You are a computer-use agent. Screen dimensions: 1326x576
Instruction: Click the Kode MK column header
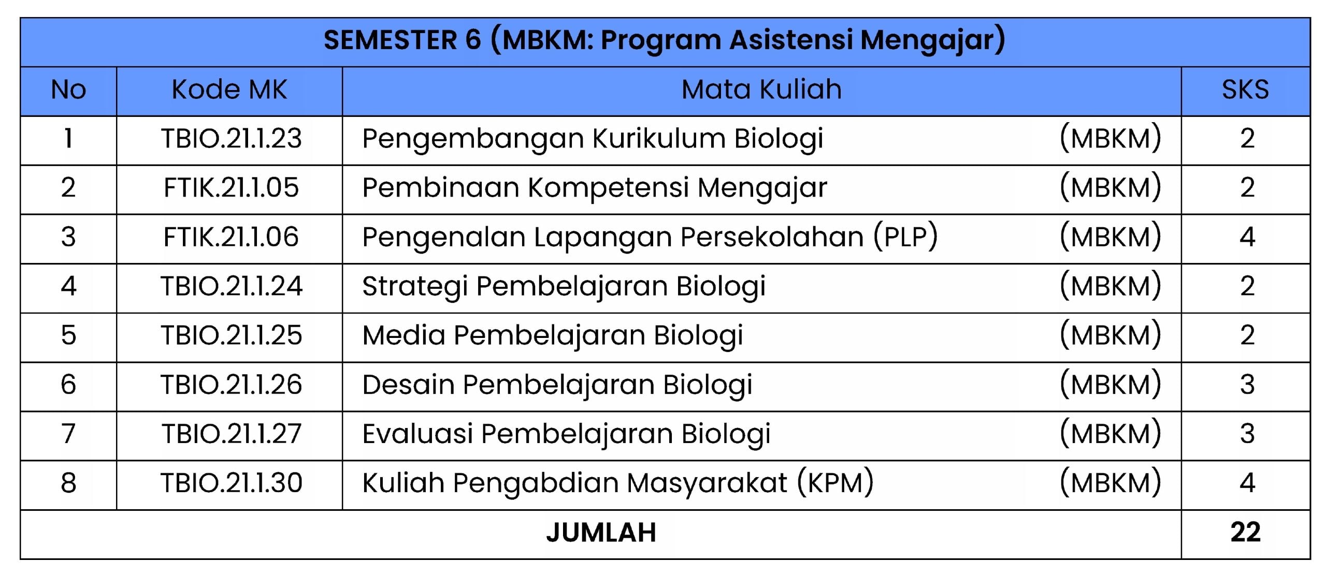tap(229, 90)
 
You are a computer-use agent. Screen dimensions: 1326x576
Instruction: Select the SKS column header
tap(1245, 90)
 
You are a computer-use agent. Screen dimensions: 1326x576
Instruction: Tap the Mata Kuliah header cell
tap(761, 90)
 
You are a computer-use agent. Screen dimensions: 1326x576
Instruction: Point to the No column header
tap(68, 90)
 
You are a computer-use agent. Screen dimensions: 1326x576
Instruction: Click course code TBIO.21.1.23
tap(231, 139)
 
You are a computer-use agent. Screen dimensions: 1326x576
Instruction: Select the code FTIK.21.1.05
tap(231, 187)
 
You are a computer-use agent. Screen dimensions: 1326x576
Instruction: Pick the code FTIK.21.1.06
tap(231, 237)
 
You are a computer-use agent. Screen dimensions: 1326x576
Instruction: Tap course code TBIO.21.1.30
tap(231, 483)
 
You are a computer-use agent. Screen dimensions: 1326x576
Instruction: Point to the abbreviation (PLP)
tap(905, 237)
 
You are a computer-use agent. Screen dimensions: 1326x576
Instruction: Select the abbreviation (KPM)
tap(835, 483)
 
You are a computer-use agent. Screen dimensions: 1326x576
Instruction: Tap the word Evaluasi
tap(417, 434)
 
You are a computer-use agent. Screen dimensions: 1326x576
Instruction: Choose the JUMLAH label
tap(601, 533)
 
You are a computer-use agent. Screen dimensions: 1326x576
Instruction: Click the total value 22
tap(1245, 533)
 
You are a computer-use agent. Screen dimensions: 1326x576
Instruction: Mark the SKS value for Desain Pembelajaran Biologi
tap(1247, 385)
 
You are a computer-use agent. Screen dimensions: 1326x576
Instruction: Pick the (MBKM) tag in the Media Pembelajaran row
tap(1111, 335)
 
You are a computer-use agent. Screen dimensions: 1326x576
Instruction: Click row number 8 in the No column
tap(68, 483)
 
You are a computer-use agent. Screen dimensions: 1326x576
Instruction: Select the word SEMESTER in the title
tap(391, 40)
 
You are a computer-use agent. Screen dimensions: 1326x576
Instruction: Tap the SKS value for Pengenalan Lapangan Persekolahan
tap(1247, 237)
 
